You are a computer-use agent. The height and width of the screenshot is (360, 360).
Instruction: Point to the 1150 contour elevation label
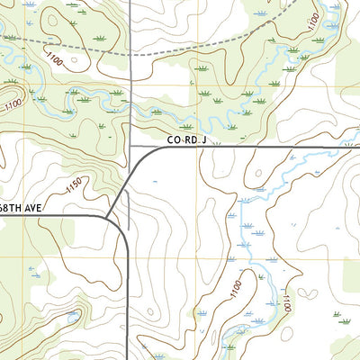coord(75,187)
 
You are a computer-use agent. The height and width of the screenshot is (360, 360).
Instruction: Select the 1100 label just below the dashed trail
coord(53,60)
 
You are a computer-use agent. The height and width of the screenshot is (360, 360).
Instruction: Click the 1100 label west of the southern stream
coord(236,290)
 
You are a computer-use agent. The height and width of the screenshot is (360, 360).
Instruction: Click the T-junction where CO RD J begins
coord(130,147)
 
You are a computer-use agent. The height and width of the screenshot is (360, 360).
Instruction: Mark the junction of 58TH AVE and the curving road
coord(107,217)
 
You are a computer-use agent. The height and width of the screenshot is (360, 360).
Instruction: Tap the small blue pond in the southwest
coord(72,317)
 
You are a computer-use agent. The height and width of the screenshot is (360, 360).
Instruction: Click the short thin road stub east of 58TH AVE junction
coord(125,212)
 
